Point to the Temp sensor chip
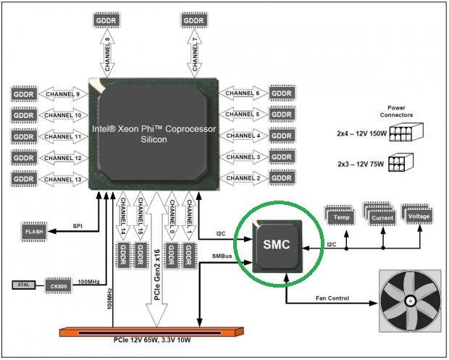point(340,215)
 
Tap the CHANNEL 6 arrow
point(242,93)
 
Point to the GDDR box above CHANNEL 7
point(194,20)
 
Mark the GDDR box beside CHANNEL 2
point(281,178)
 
